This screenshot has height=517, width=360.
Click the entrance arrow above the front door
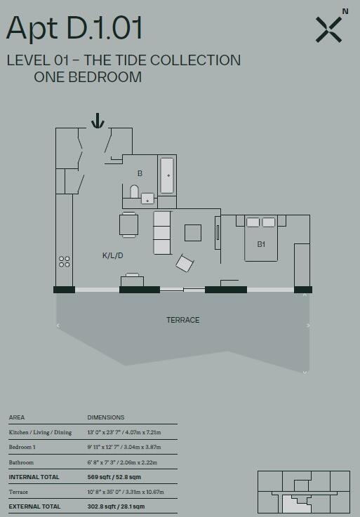pos(98,121)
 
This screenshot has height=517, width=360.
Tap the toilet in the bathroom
pos(135,192)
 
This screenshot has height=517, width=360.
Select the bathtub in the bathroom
pos(167,175)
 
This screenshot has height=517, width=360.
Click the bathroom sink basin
pos(147,199)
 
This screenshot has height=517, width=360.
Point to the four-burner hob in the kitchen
pos(65,262)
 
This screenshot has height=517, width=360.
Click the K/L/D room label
pos(112,255)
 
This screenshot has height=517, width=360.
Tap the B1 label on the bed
pos(261,244)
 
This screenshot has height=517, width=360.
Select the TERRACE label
pos(182,320)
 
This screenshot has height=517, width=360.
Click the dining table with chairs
pos(129,224)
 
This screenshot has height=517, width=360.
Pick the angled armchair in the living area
pos(185,263)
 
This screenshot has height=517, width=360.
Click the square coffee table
pos(193,232)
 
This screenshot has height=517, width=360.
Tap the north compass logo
pos(330,28)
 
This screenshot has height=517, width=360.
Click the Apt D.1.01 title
pos(74,28)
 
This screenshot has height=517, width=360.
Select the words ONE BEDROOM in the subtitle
pos(88,77)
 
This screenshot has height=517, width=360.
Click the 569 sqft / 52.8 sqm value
pos(116,476)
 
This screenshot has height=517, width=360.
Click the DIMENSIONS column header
pos(105,417)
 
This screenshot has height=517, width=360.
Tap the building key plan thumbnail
pos(302,492)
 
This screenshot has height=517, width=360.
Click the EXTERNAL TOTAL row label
pos(34,506)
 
